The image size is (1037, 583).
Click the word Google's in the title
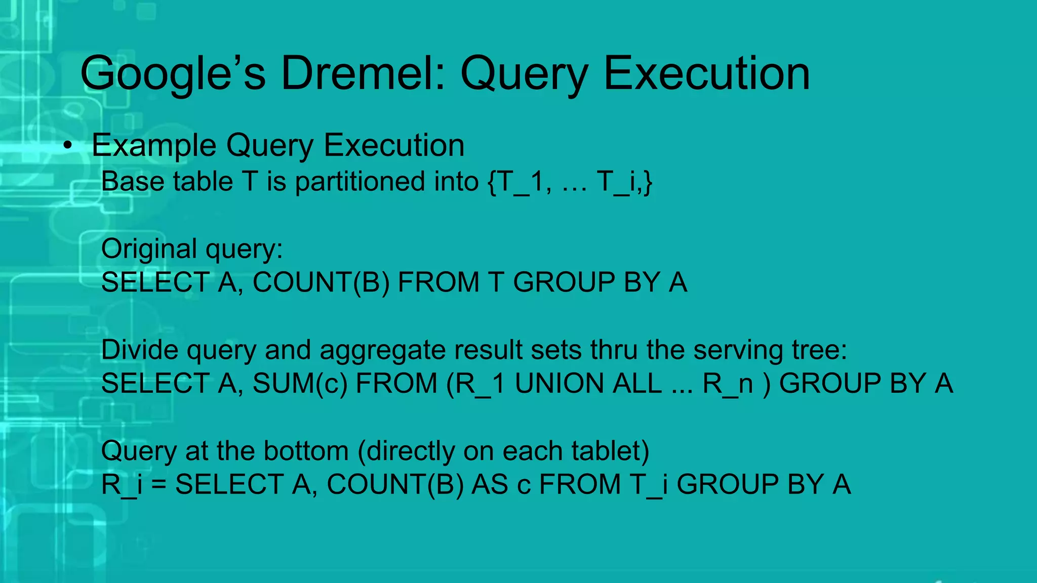[172, 74]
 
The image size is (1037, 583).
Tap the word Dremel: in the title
[363, 74]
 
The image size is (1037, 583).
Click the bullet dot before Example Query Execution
[68, 146]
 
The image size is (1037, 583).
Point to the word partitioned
[361, 182]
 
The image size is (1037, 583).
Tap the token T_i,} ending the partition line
[624, 182]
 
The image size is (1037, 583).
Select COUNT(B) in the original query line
[321, 282]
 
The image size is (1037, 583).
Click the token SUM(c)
[300, 383]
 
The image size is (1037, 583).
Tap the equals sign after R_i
[158, 485]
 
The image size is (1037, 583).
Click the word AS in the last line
[490, 484]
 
